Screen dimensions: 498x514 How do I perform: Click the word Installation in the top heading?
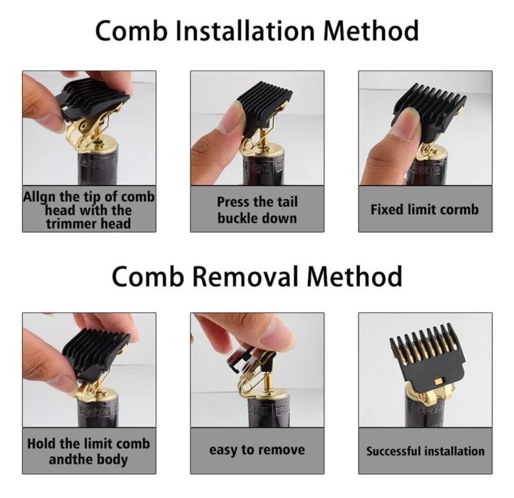pyautogui.click(x=256, y=31)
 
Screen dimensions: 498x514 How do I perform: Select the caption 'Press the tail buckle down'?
pyautogui.click(x=257, y=209)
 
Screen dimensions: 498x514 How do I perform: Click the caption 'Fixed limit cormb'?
pyautogui.click(x=424, y=209)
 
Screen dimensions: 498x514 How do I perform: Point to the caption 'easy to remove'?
pyautogui.click(x=257, y=450)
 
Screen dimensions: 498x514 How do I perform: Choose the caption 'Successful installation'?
pyautogui.click(x=425, y=451)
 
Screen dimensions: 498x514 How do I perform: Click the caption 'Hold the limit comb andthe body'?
pyautogui.click(x=88, y=451)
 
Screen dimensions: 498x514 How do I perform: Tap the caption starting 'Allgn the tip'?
pyautogui.click(x=88, y=210)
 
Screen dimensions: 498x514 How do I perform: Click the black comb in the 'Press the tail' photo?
pyautogui.click(x=264, y=107)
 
